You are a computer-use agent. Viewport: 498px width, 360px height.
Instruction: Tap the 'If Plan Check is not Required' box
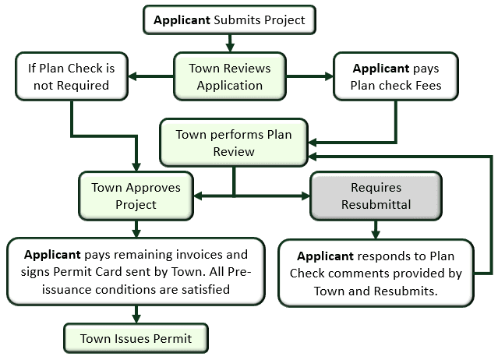click(72, 76)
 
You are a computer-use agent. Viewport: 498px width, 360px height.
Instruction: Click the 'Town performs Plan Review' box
click(234, 143)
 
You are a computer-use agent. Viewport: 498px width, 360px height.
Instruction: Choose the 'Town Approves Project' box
click(136, 196)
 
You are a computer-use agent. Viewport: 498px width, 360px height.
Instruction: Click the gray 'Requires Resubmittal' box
click(376, 196)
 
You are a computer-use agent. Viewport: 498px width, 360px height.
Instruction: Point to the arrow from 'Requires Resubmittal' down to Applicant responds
click(376, 228)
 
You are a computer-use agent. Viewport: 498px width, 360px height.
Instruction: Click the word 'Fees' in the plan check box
click(426, 85)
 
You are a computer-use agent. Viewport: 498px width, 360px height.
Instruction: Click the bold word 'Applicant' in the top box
click(182, 19)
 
